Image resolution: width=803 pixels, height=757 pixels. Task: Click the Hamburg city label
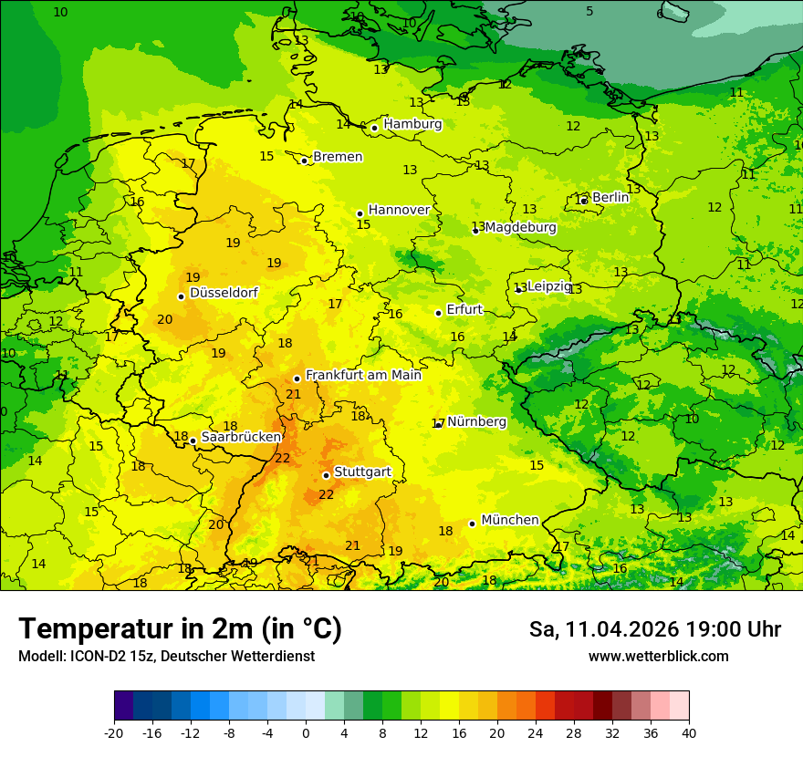(x=412, y=124)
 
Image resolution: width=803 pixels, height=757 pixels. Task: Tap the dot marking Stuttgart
(x=326, y=475)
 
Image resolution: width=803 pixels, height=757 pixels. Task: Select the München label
(x=509, y=520)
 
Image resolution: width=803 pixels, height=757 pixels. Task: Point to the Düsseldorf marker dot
(x=182, y=296)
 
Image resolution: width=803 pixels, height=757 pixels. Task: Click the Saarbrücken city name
(x=241, y=437)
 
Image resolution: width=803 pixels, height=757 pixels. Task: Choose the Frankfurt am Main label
(x=363, y=375)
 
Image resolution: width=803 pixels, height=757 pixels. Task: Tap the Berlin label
(x=610, y=198)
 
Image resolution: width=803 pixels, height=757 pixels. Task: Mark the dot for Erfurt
(x=439, y=313)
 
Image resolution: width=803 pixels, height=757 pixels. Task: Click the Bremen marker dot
(x=305, y=161)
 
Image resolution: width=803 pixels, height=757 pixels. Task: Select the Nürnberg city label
(x=476, y=422)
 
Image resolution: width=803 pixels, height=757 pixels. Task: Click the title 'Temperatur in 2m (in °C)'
(x=180, y=629)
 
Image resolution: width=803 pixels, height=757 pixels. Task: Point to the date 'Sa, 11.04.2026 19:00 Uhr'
(x=654, y=629)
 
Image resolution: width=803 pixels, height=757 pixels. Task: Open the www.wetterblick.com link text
(x=658, y=657)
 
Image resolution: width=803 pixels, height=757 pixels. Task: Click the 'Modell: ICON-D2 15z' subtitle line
(x=166, y=657)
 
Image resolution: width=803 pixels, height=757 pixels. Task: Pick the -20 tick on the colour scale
(x=114, y=733)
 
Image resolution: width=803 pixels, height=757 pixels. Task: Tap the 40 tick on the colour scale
(x=688, y=733)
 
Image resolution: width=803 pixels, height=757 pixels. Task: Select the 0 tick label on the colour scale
(x=306, y=733)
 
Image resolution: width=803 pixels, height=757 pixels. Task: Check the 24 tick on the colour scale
(x=536, y=733)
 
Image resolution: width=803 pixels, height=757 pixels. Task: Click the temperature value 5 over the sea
(x=589, y=12)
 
